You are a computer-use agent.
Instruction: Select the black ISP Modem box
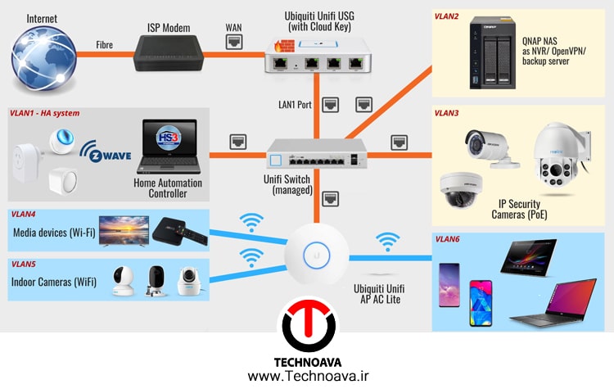[169, 53]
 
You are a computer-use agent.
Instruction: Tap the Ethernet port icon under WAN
[234, 42]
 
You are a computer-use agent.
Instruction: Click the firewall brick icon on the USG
[284, 46]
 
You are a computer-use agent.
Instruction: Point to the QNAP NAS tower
[492, 52]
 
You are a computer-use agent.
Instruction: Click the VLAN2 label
[446, 16]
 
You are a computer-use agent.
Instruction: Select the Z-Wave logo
[106, 152]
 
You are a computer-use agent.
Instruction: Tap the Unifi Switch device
[316, 154]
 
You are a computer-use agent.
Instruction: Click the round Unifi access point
[316, 254]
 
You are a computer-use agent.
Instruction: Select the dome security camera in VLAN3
[461, 190]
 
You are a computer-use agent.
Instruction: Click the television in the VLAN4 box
[124, 231]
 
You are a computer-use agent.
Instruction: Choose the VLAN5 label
[24, 264]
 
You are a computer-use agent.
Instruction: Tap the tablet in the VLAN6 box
[529, 257]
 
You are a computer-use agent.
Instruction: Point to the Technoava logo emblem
[309, 325]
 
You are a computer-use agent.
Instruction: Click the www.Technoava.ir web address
[308, 377]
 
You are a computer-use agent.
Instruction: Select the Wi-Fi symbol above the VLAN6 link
[388, 242]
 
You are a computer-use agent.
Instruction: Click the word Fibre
[105, 45]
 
